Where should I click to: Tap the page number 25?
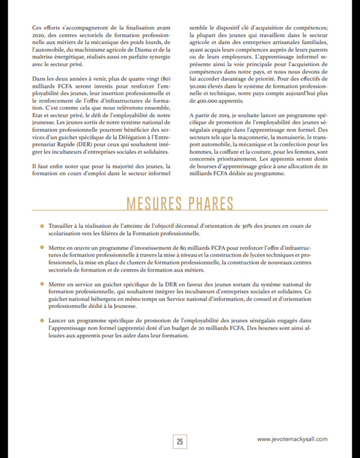pyautogui.click(x=180, y=442)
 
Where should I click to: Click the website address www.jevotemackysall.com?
pyautogui.click(x=293, y=439)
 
